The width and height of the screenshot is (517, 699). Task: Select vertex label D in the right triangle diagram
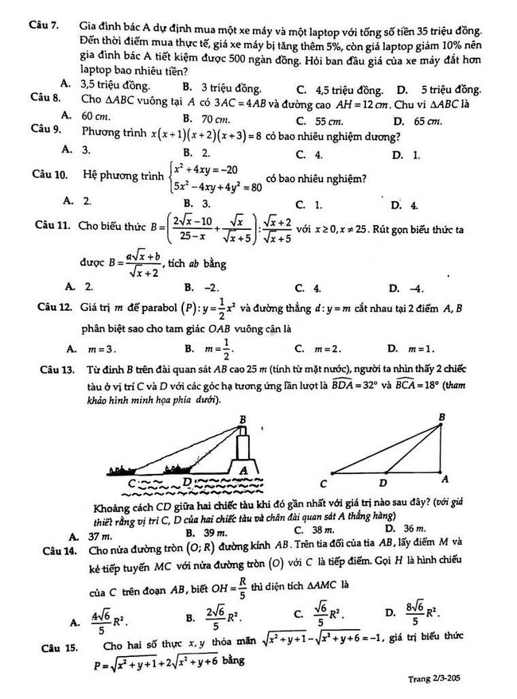point(383,482)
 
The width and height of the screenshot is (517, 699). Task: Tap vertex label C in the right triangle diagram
point(325,483)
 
